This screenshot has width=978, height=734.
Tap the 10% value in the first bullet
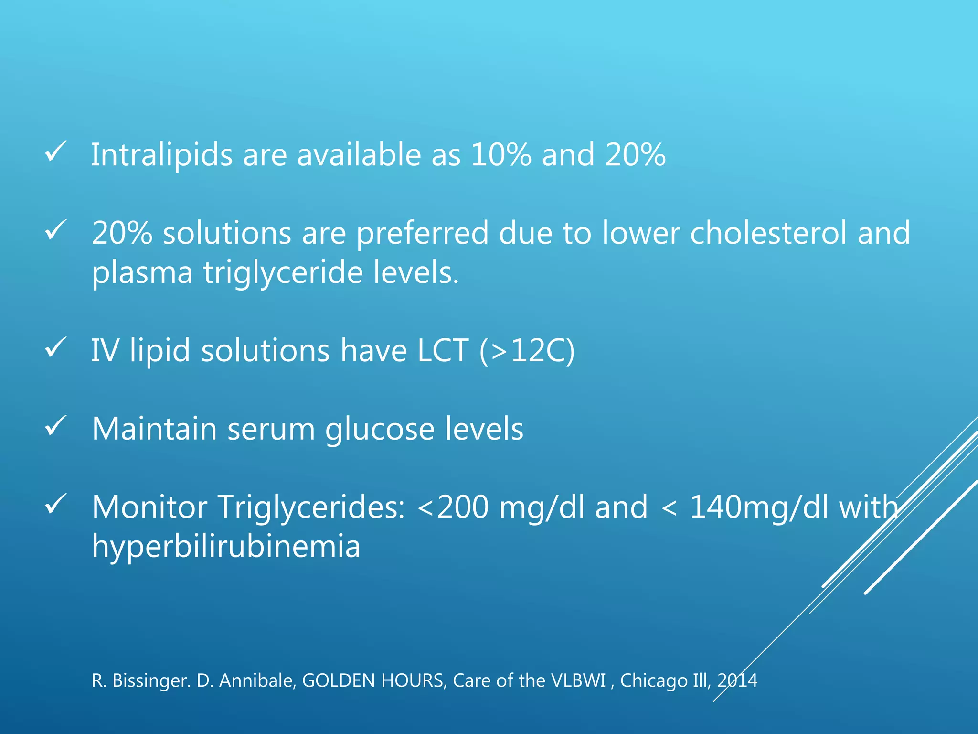501,155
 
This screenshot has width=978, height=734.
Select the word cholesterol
768,233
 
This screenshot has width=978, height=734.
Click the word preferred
423,234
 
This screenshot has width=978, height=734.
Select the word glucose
380,429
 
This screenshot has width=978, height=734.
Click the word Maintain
154,429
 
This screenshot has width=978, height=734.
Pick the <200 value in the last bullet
453,507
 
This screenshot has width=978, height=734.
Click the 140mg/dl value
759,507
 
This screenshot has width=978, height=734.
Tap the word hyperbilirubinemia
226,546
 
